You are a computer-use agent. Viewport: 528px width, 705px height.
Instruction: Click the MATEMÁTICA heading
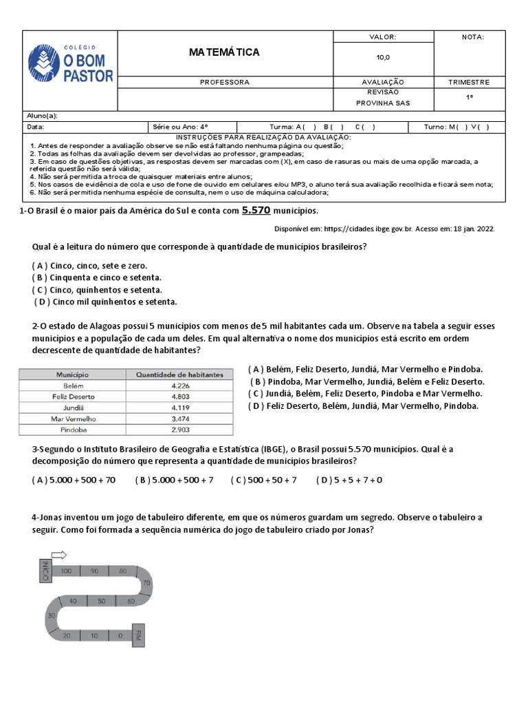point(224,52)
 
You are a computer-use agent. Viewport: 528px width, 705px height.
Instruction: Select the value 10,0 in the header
point(382,58)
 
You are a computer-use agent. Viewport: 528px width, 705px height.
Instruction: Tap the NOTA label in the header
point(472,37)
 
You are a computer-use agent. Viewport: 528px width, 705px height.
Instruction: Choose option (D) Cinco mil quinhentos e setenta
point(105,302)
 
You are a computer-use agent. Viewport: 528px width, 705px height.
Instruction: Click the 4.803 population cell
point(179,397)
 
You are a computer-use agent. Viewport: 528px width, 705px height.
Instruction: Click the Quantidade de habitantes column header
point(179,375)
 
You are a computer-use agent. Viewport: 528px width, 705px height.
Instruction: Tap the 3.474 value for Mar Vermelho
point(179,419)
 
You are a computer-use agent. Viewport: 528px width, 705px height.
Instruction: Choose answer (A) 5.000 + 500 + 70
point(74,480)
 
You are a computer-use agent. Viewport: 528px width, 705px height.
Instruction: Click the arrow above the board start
point(58,554)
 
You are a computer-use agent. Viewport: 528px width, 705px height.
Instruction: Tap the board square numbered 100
point(67,571)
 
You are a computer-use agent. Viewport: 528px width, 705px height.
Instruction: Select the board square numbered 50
point(101,601)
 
